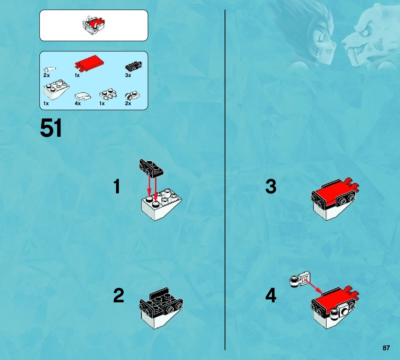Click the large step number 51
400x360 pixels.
coord(51,128)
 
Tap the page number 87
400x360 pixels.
coord(386,348)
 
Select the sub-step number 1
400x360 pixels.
coord(117,186)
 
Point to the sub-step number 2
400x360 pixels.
coord(119,295)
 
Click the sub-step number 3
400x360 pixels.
coord(271,186)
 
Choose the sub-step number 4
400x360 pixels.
coord(271,295)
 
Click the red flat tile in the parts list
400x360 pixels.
coord(89,63)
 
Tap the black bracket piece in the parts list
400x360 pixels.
coord(134,66)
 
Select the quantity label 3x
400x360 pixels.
coord(128,75)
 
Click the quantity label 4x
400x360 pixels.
coord(77,103)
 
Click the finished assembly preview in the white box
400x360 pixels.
coord(94,25)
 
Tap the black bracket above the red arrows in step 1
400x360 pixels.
coord(151,168)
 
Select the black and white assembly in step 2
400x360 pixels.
coord(161,308)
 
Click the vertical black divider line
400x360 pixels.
coord(225,180)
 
